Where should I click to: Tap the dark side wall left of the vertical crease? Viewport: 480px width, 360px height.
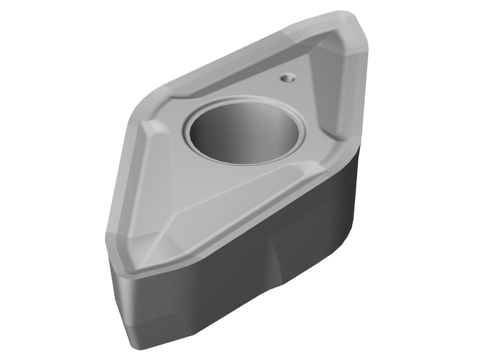tap(200, 296)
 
